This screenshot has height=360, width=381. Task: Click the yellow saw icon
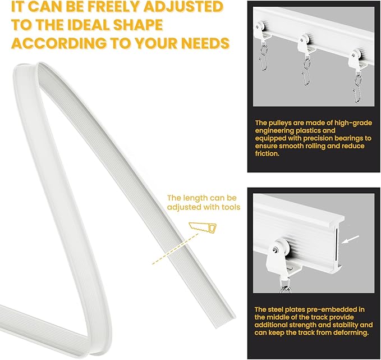click(x=203, y=228)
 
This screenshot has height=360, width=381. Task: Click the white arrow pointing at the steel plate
click(x=350, y=239)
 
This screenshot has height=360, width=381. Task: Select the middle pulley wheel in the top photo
click(x=305, y=39)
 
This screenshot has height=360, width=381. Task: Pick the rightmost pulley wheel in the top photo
click(x=356, y=53)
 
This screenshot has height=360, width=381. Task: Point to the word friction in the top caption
click(x=267, y=154)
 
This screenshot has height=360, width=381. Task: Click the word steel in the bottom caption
click(x=276, y=309)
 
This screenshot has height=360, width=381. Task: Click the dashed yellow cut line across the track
click(x=175, y=249)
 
